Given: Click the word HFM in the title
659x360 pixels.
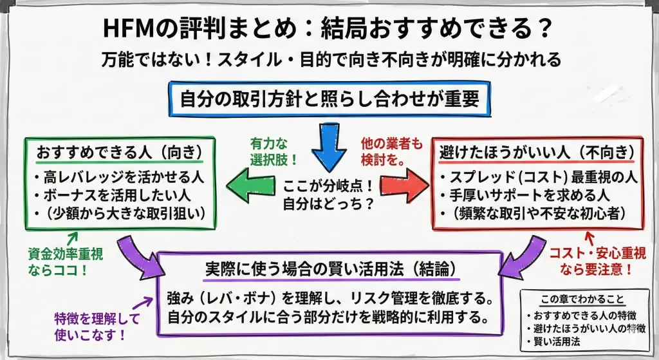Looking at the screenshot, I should (x=132, y=28).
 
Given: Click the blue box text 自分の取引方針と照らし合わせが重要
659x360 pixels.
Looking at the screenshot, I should (x=329, y=100).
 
